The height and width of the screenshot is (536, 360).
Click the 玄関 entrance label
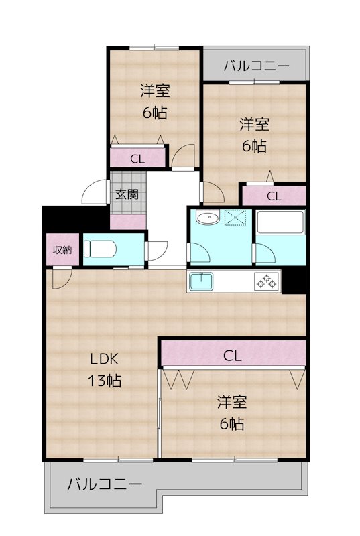click(x=127, y=195)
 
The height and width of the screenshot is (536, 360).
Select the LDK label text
click(x=105, y=358)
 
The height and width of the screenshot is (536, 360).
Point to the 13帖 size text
click(x=105, y=381)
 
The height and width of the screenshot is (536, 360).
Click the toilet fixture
click(x=100, y=249)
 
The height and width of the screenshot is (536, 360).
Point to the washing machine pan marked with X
click(x=236, y=218)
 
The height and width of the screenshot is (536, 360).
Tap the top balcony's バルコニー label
click(x=256, y=66)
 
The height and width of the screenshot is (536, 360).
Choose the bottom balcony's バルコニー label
click(x=105, y=484)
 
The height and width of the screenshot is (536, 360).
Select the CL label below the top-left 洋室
click(x=137, y=159)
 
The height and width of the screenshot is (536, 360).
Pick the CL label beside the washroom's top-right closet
click(x=274, y=196)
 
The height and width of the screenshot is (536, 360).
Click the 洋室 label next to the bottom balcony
click(x=231, y=402)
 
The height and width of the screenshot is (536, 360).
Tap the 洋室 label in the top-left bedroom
click(x=154, y=89)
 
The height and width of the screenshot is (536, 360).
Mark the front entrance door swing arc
click(x=94, y=193)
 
